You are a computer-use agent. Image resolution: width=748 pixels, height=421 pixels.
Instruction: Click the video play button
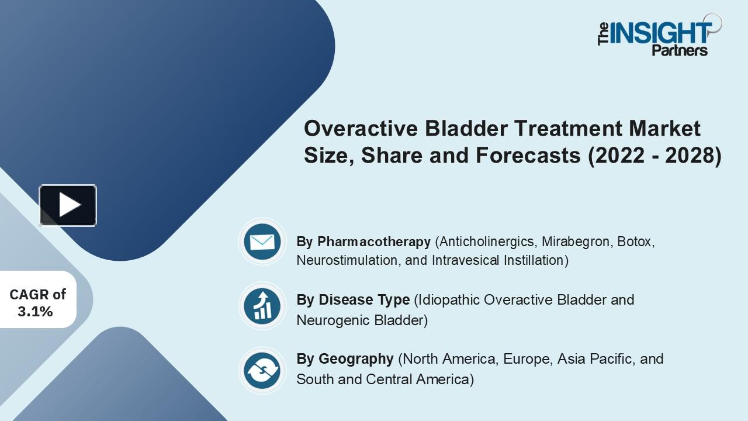coord(68,205)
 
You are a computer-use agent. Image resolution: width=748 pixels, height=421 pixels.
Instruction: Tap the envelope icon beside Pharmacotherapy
coord(262,241)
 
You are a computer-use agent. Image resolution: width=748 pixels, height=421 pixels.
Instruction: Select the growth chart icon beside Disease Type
coord(262,305)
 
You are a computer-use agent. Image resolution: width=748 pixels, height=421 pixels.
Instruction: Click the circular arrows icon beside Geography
coord(262,370)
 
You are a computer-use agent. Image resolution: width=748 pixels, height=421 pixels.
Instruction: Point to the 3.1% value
coord(35,312)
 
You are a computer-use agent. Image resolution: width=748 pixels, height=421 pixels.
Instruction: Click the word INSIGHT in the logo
coord(661,33)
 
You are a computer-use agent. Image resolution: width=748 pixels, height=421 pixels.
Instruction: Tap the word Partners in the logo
coord(679,50)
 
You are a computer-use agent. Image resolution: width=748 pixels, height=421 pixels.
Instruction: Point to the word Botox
coord(635,241)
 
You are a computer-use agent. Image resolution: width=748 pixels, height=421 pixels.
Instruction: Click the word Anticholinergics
coord(487,241)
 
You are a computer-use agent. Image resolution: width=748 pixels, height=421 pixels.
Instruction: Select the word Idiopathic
coord(448,300)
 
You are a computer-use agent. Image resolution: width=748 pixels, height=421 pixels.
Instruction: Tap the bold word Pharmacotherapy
coord(374,241)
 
